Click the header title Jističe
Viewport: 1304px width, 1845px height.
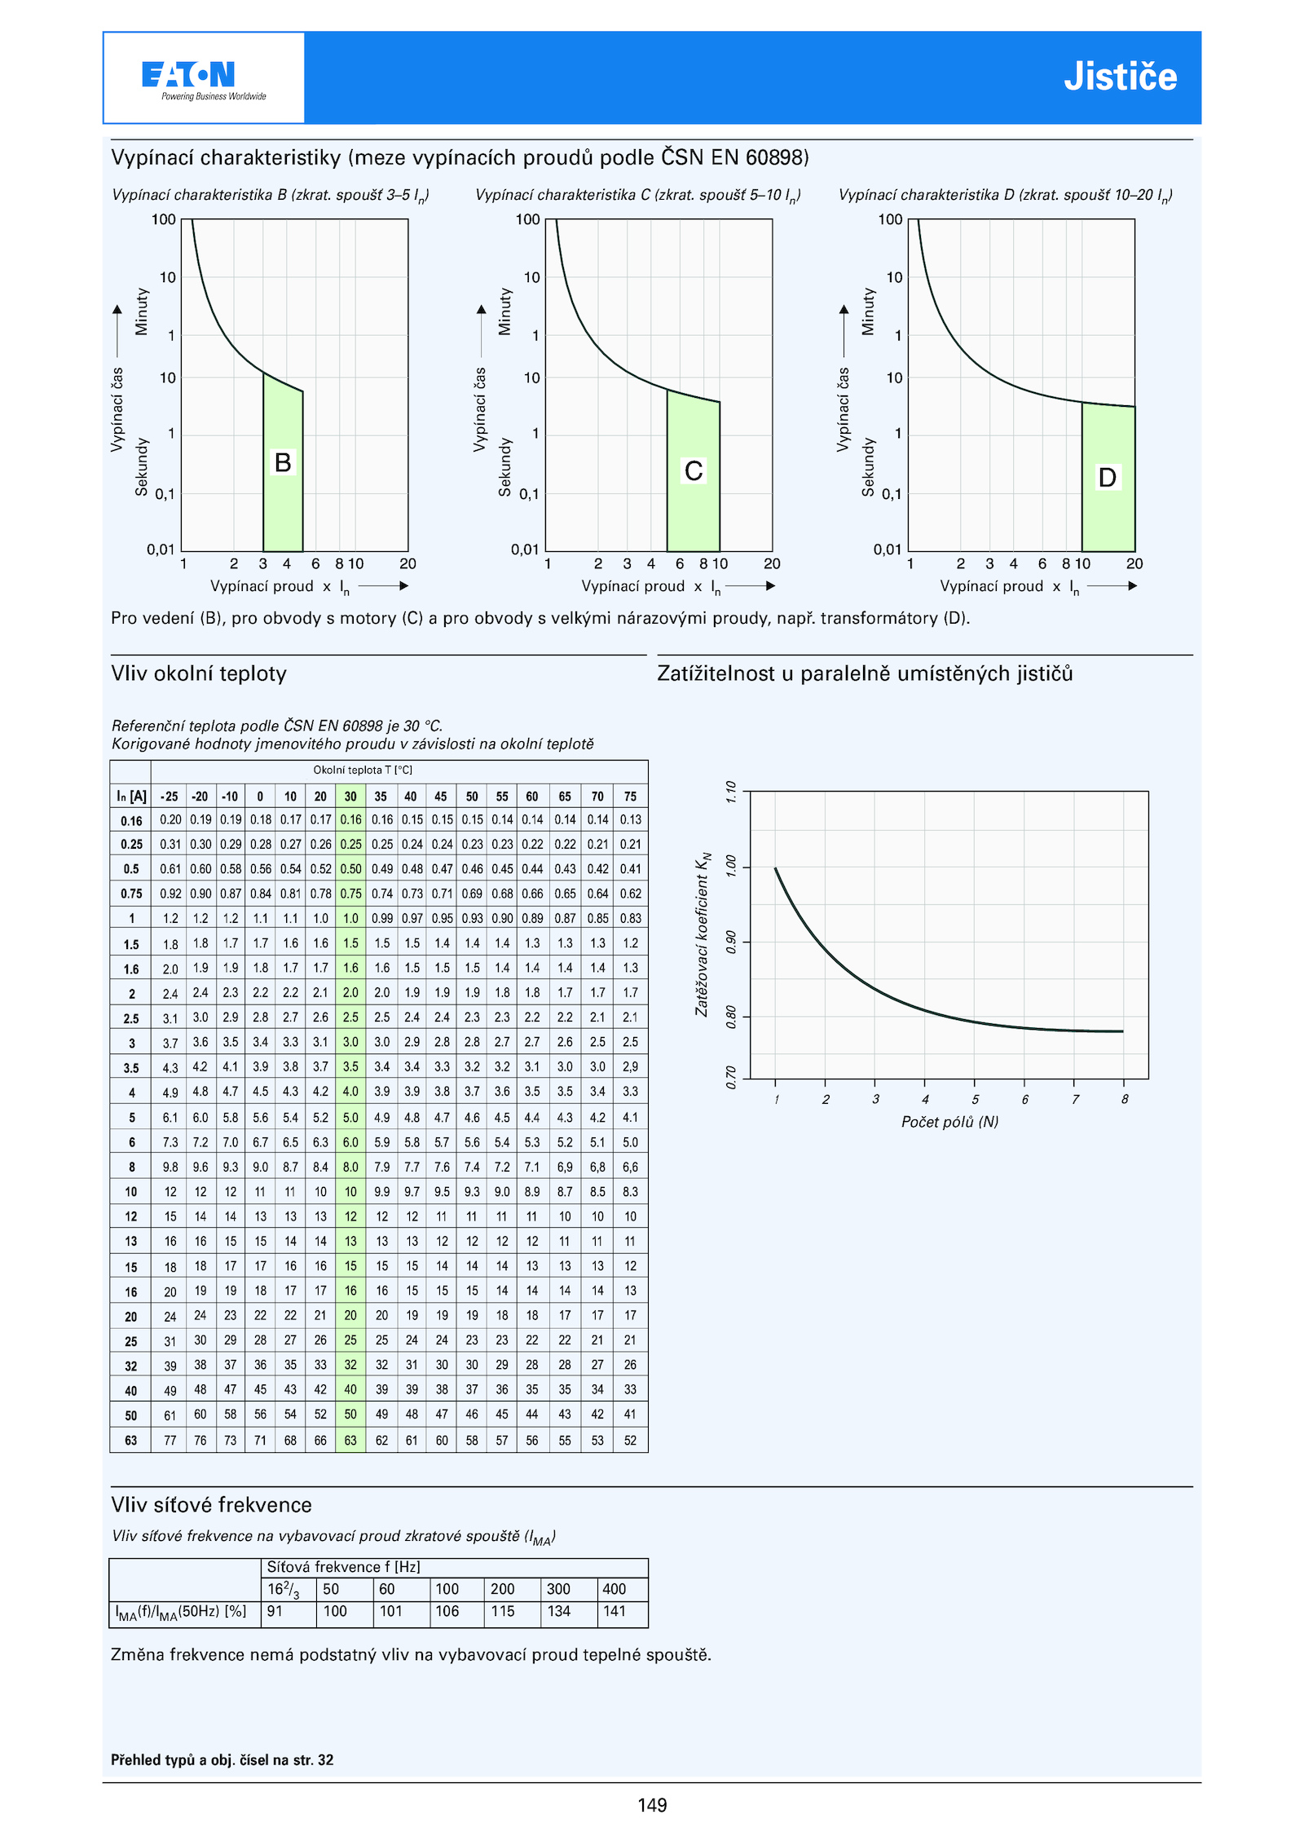(x=1120, y=77)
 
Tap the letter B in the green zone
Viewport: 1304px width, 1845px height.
(x=283, y=462)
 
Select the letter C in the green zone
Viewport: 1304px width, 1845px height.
(x=694, y=470)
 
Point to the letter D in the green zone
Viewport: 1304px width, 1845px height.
(x=1107, y=477)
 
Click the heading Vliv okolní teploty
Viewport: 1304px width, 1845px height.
(x=199, y=673)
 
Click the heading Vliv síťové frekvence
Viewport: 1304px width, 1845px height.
(x=212, y=1504)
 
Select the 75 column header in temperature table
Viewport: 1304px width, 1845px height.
(x=630, y=797)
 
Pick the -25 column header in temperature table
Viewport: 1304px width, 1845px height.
(x=170, y=797)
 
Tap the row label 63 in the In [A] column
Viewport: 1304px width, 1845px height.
(x=131, y=1441)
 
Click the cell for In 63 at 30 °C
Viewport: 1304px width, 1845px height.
(x=350, y=1441)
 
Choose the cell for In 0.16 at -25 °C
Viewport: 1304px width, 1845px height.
(x=170, y=820)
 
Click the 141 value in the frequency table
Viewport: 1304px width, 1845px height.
(x=615, y=1611)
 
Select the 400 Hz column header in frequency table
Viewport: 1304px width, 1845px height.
(x=615, y=1589)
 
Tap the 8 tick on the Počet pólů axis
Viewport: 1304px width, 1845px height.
(x=1125, y=1099)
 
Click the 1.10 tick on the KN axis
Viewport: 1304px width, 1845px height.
(x=731, y=792)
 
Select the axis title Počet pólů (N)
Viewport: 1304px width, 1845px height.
(x=949, y=1122)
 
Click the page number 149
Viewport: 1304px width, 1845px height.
(x=652, y=1805)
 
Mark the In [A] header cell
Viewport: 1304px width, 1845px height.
(x=131, y=797)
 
